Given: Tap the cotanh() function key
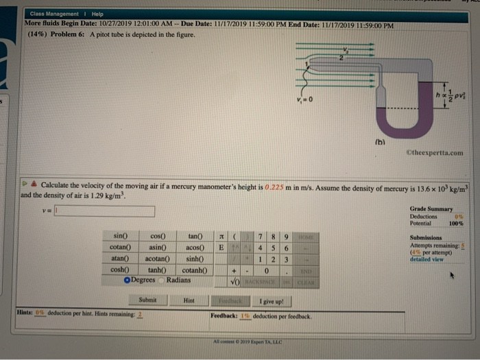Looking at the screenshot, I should click(195, 269).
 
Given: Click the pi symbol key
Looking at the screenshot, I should click(221, 236).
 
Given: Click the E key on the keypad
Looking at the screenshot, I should click(221, 248).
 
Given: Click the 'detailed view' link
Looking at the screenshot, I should click(426, 259).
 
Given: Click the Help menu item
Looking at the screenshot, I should click(97, 14).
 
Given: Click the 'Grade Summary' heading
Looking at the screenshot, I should click(431, 208).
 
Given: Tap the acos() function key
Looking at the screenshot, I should click(197, 248).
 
